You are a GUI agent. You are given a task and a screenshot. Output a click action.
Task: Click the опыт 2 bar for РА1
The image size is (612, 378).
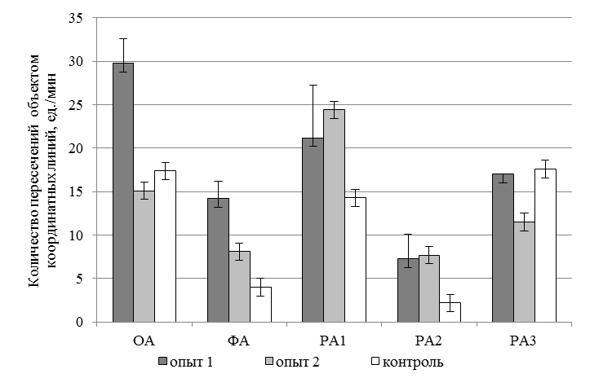click(334, 215)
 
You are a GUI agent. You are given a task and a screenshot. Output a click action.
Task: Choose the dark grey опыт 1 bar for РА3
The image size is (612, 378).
click(502, 248)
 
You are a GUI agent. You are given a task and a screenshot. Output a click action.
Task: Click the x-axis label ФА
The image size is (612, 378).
click(239, 337)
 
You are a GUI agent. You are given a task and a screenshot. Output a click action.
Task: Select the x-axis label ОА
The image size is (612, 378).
click(144, 337)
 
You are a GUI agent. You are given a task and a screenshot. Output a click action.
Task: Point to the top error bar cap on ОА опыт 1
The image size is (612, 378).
click(123, 38)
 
